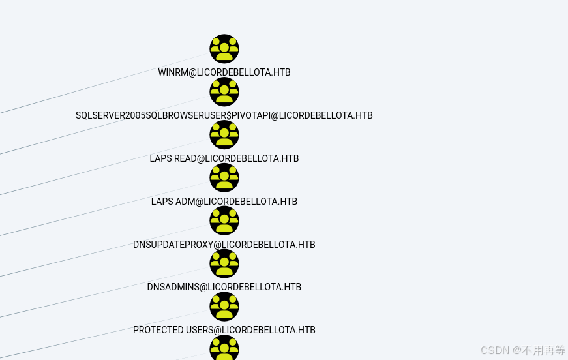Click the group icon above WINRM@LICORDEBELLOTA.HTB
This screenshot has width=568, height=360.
click(x=224, y=49)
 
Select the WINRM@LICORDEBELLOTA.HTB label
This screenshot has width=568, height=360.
click(x=224, y=72)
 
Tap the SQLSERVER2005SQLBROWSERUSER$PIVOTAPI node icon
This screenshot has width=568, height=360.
click(x=224, y=92)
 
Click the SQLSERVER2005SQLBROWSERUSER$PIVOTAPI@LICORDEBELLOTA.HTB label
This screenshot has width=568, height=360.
click(x=224, y=115)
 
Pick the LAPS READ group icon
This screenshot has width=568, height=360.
click(x=224, y=135)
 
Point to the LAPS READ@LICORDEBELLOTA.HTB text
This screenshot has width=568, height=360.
click(x=224, y=158)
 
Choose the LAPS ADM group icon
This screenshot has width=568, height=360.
click(x=224, y=177)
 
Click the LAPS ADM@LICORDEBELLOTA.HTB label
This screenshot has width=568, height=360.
click(x=224, y=202)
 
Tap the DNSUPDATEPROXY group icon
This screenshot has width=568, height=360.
click(x=224, y=220)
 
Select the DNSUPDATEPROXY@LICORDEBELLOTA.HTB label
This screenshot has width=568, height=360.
click(x=224, y=245)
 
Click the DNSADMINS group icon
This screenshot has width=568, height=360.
click(x=224, y=263)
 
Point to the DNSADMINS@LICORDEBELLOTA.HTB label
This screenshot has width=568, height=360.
click(x=224, y=287)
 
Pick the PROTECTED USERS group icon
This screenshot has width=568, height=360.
click(x=224, y=307)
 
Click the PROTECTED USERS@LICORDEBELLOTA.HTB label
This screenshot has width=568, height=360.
click(x=224, y=330)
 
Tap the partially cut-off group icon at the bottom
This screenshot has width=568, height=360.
click(x=224, y=349)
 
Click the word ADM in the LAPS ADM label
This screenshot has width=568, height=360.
click(x=185, y=202)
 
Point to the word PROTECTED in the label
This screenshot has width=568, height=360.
click(x=158, y=330)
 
